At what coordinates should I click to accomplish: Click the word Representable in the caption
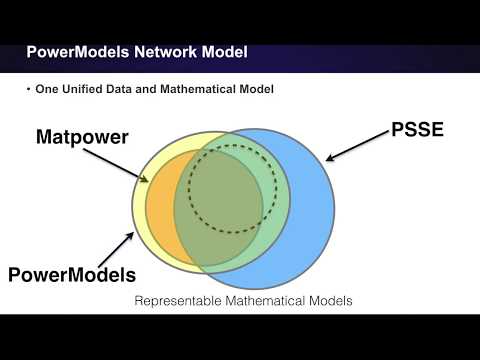[176, 300]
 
